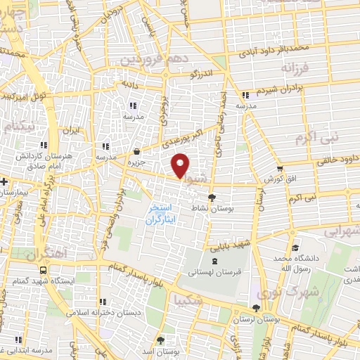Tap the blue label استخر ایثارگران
pos(163,214)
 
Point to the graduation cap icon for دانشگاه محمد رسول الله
pos(295,248)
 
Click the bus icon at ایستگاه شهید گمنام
pos(44,270)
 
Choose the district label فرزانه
pos(295,68)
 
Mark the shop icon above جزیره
pos(136,151)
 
